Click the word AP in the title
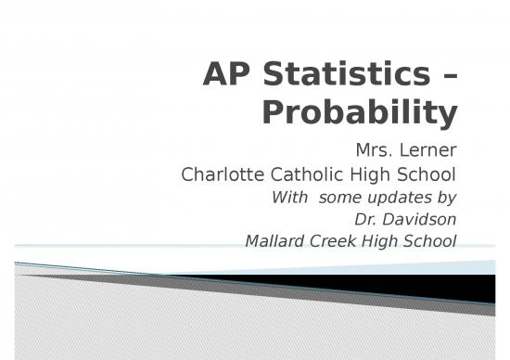(x=225, y=76)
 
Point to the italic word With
(x=287, y=198)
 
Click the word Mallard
(x=273, y=243)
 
